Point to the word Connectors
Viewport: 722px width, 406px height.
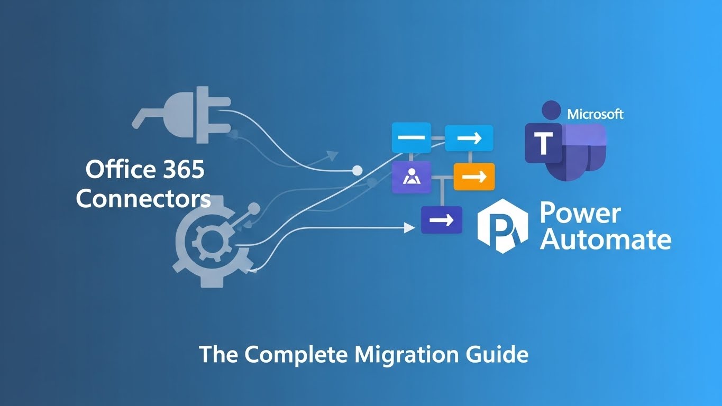(x=143, y=199)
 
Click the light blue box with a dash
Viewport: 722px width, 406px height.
(x=411, y=137)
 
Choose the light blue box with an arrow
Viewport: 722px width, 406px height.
(x=469, y=138)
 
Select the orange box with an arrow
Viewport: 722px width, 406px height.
(x=474, y=177)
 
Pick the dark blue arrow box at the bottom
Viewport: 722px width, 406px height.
(x=442, y=220)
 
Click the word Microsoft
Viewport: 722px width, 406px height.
(x=595, y=114)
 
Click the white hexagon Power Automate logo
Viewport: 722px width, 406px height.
(x=503, y=227)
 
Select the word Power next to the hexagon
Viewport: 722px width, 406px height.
(x=580, y=213)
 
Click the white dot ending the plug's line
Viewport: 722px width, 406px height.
(x=357, y=170)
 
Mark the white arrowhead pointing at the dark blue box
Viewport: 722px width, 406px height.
(x=409, y=228)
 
